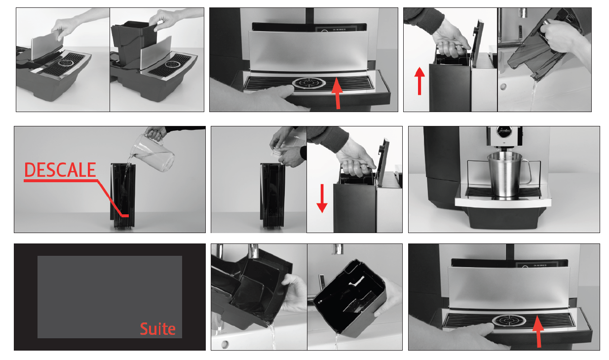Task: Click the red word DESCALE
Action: coord(60,170)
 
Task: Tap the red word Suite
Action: coord(158,329)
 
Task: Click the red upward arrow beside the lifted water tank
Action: coord(419,81)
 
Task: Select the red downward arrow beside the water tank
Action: coord(322,199)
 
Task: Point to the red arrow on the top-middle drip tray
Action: coord(338,93)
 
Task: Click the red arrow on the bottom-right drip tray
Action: coord(538,331)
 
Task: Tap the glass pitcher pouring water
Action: coord(153,153)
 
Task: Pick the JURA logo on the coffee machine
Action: coord(504,131)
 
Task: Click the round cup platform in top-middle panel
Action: coord(309,83)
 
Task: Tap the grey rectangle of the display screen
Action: coord(110,297)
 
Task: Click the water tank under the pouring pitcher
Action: coord(123,196)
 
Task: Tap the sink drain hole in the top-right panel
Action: coord(503,87)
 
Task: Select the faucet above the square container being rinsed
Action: coord(338,249)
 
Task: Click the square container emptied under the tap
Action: coord(350,298)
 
